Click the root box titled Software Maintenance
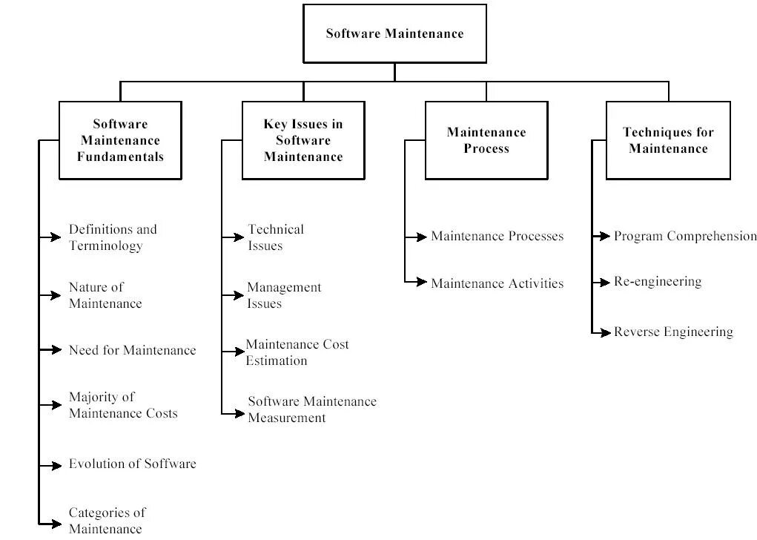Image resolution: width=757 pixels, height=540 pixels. coord(394,33)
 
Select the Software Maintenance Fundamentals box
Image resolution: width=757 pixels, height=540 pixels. coord(120,140)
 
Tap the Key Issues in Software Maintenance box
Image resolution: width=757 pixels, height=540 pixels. coord(303,140)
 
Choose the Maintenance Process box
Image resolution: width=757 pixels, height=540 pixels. coord(486,140)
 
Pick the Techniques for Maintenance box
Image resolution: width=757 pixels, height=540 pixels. coord(668,140)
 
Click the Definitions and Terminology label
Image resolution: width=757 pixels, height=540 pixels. coord(113,237)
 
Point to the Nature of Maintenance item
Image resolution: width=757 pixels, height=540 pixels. coord(105,295)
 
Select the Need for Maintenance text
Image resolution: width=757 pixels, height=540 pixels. coord(132,350)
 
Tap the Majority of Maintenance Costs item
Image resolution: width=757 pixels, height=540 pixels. coord(123,405)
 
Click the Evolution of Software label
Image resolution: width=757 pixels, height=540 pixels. coord(132,464)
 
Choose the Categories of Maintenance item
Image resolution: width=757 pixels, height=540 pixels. coord(107,521)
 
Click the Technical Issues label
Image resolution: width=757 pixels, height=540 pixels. coord(276,237)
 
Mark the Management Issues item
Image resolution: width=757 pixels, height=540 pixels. coord(284,295)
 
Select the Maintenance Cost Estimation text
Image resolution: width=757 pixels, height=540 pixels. coord(297,352)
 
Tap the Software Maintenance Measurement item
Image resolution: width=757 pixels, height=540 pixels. coord(312,409)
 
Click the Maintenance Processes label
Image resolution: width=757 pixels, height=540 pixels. coord(497,237)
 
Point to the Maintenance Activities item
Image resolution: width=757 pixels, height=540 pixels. coord(497,283)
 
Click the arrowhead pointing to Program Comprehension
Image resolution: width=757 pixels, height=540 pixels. coord(606,237)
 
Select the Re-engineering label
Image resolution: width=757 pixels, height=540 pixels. coord(658,282)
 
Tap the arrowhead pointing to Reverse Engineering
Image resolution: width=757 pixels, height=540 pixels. coord(606,333)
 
